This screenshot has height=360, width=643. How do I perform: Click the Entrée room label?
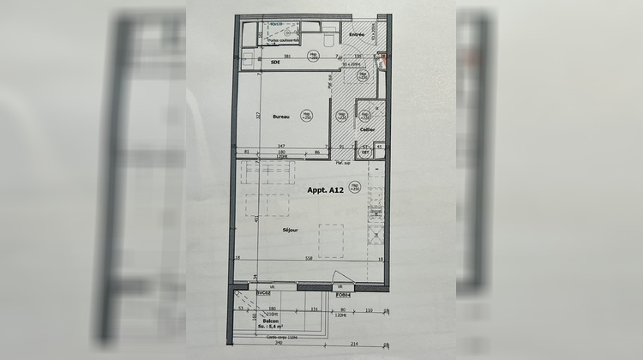tap(356, 35)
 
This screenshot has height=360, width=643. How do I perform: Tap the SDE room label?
tap(276, 63)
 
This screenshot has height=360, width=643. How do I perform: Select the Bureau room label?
tap(281, 116)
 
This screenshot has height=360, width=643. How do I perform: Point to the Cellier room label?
tap(367, 129)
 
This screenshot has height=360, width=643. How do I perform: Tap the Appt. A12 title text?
tap(326, 193)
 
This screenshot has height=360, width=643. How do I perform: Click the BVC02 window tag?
tap(263, 292)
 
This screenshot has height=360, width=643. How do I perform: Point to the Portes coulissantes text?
tap(284, 39)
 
